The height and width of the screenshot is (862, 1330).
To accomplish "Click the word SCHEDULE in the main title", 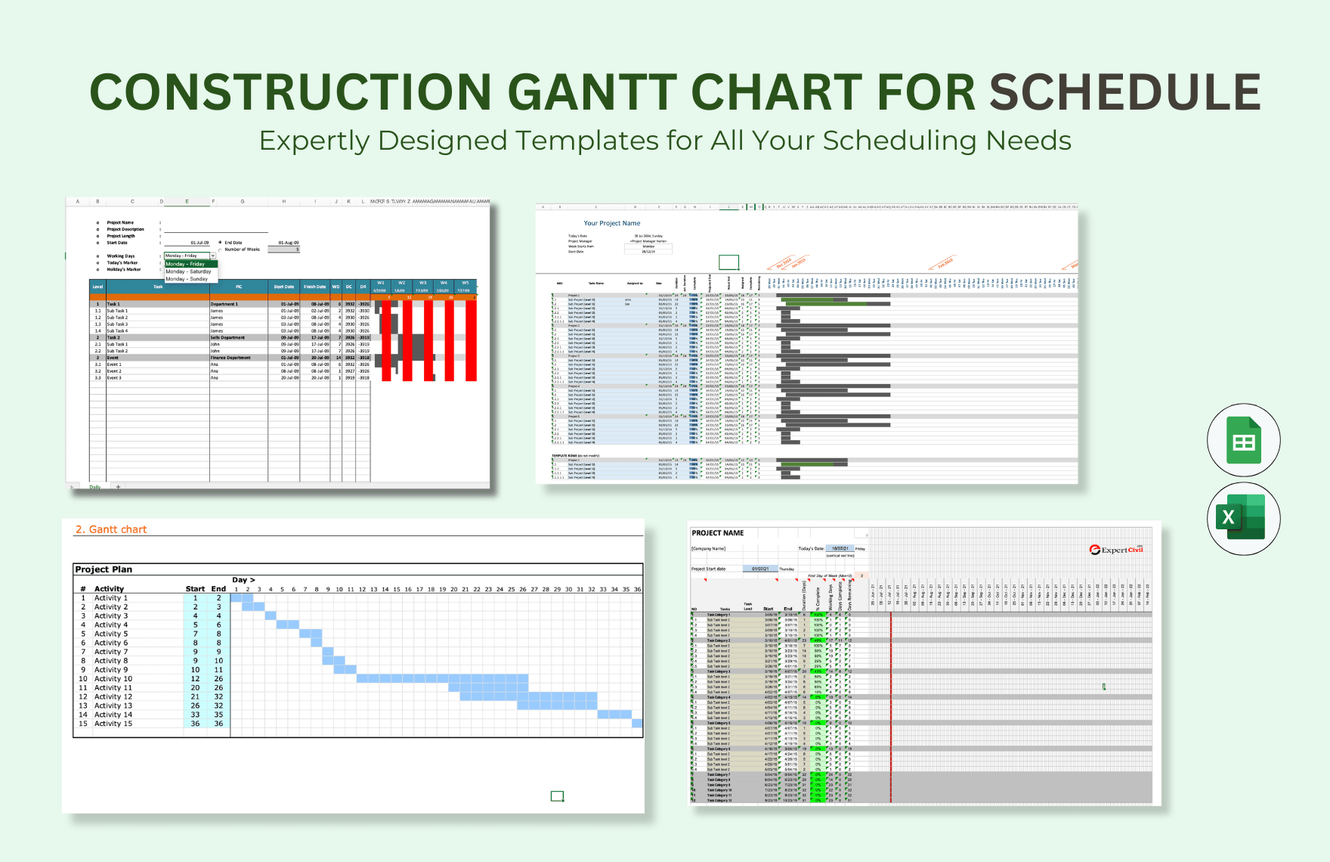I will click(x=1124, y=92).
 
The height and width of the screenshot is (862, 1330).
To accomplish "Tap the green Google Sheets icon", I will click(x=1243, y=441).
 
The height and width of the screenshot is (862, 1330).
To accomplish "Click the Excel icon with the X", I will click(x=1243, y=518).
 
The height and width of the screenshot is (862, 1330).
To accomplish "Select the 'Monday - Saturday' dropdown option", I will click(x=189, y=271).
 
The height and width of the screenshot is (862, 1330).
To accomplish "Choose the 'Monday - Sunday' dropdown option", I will click(x=187, y=279).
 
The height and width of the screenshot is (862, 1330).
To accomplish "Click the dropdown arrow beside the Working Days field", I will click(x=213, y=256).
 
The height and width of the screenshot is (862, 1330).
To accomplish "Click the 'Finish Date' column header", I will click(x=315, y=287).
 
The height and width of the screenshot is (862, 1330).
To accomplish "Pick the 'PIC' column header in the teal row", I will click(x=239, y=287).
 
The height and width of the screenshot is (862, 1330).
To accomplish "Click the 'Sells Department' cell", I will click(x=228, y=338).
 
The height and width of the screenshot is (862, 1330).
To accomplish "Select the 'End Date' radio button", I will click(x=220, y=243).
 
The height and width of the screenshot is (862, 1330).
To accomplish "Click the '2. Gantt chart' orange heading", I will click(x=111, y=529).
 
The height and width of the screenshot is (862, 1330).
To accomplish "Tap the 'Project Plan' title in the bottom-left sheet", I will click(x=104, y=569).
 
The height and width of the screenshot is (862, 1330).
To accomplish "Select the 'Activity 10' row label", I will click(x=113, y=679).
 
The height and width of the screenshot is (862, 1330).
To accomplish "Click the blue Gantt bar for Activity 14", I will click(x=614, y=715).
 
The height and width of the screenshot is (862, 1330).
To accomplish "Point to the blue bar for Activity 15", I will click(x=637, y=724).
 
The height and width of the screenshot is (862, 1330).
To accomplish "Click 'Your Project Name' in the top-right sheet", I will click(x=611, y=223).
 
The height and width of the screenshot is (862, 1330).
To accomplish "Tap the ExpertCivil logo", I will click(x=1116, y=550).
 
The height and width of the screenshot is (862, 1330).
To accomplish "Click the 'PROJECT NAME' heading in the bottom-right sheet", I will click(x=717, y=533).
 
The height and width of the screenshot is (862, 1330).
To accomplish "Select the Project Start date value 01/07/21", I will click(x=760, y=569).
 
